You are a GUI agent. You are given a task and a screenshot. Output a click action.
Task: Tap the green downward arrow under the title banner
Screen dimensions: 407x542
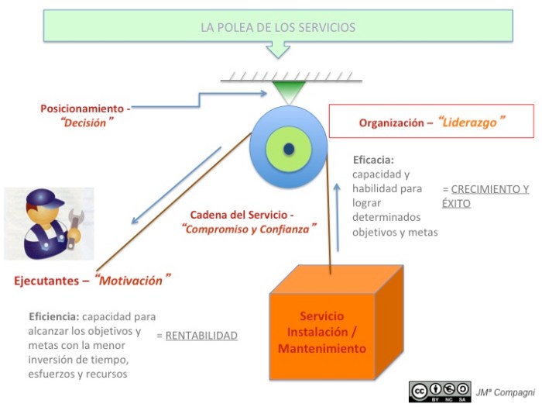pos(277,50)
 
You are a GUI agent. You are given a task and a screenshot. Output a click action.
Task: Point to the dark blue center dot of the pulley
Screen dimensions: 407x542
pos(289,147)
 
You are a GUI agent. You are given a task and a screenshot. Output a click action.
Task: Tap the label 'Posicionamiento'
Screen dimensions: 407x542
pos(82,109)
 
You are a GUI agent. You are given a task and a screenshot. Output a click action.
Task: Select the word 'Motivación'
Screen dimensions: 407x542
pos(132,279)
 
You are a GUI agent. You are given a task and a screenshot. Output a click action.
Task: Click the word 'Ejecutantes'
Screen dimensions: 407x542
pos(46,281)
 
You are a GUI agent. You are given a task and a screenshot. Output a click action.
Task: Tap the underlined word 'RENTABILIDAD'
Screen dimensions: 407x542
pos(201,336)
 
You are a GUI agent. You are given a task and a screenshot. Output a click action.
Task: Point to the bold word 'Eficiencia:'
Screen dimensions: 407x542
pos(54,316)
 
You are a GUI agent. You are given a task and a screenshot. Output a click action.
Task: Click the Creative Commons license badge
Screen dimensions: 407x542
pos(440,391)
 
